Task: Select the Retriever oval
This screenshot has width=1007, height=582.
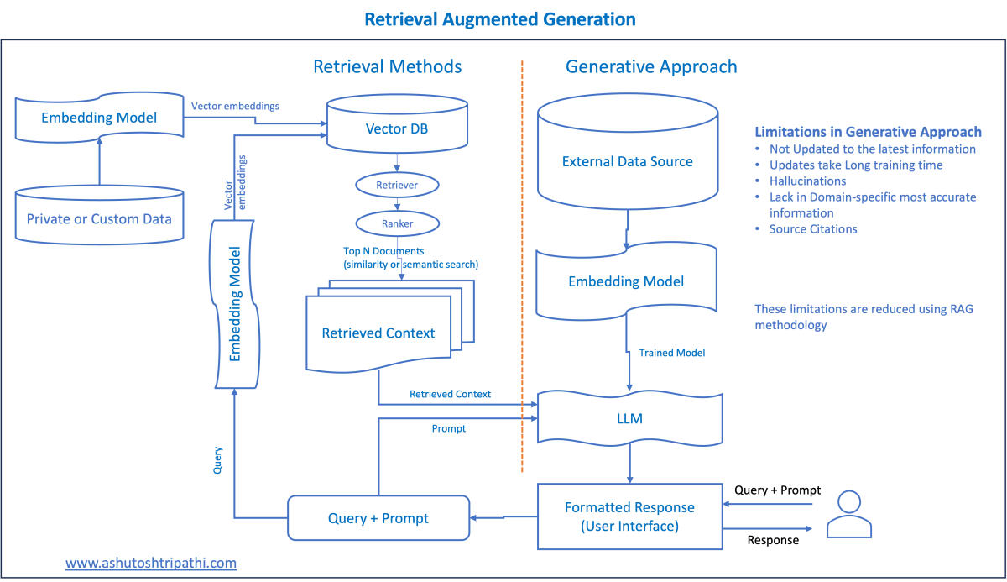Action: pyautogui.click(x=397, y=185)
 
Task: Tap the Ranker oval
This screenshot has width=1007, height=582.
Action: pyautogui.click(x=398, y=223)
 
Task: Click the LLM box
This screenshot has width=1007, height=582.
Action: pyautogui.click(x=630, y=419)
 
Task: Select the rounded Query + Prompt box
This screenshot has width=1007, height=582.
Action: pyautogui.click(x=378, y=518)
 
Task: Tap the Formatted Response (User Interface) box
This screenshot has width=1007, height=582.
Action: pyautogui.click(x=630, y=516)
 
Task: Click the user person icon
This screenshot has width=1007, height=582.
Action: pyautogui.click(x=849, y=514)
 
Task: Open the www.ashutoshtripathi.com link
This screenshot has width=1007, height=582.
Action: pyautogui.click(x=151, y=563)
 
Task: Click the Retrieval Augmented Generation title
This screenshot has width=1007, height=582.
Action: pyautogui.click(x=500, y=19)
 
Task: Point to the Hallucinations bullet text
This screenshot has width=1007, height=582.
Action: pyautogui.click(x=807, y=181)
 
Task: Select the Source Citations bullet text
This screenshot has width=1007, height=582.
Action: pyautogui.click(x=813, y=229)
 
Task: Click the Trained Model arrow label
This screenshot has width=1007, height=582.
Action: pyautogui.click(x=671, y=353)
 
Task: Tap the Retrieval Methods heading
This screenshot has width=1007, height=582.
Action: pyautogui.click(x=387, y=66)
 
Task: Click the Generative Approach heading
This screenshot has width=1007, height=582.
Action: pyautogui.click(x=651, y=66)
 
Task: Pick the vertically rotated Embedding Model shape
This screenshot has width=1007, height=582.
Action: pyautogui.click(x=234, y=304)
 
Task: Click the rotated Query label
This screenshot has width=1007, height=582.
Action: pyautogui.click(x=217, y=460)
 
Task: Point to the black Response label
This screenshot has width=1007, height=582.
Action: pyautogui.click(x=773, y=540)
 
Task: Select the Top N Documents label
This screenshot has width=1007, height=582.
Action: pyautogui.click(x=383, y=251)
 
